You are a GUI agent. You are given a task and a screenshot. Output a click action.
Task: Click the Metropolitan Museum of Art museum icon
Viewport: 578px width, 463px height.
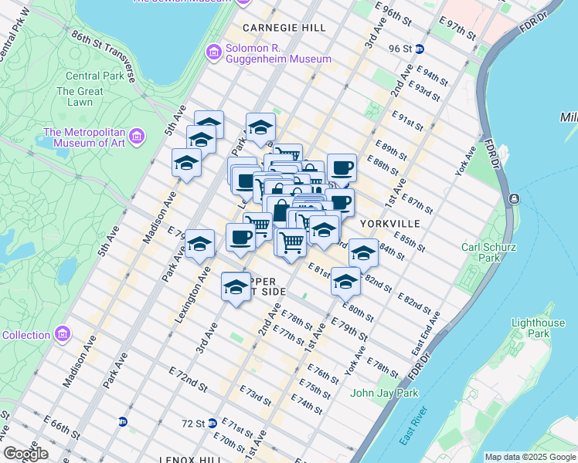pos(137,137)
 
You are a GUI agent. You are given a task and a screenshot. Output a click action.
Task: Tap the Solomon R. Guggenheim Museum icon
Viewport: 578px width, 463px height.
pos(214,52)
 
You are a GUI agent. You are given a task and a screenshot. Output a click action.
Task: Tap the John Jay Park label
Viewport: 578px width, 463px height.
pos(384,393)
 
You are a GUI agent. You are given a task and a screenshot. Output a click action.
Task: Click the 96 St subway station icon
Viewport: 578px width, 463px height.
pos(420,49)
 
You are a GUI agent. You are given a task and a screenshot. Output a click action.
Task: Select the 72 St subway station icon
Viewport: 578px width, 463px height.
pos(213,423)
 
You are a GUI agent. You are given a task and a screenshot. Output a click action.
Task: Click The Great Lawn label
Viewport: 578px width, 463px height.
pos(74,96)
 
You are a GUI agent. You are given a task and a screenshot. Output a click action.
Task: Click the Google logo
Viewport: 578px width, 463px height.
pos(26,453)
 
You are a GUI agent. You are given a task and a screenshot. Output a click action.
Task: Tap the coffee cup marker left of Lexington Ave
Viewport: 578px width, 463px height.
pos(240,236)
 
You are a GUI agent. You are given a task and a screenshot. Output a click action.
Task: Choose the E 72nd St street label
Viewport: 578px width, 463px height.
pos(188,377)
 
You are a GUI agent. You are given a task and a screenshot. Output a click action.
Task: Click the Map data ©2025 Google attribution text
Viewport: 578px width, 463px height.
pos(529,457)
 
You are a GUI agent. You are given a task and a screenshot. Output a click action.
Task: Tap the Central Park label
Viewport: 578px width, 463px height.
pos(94,76)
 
